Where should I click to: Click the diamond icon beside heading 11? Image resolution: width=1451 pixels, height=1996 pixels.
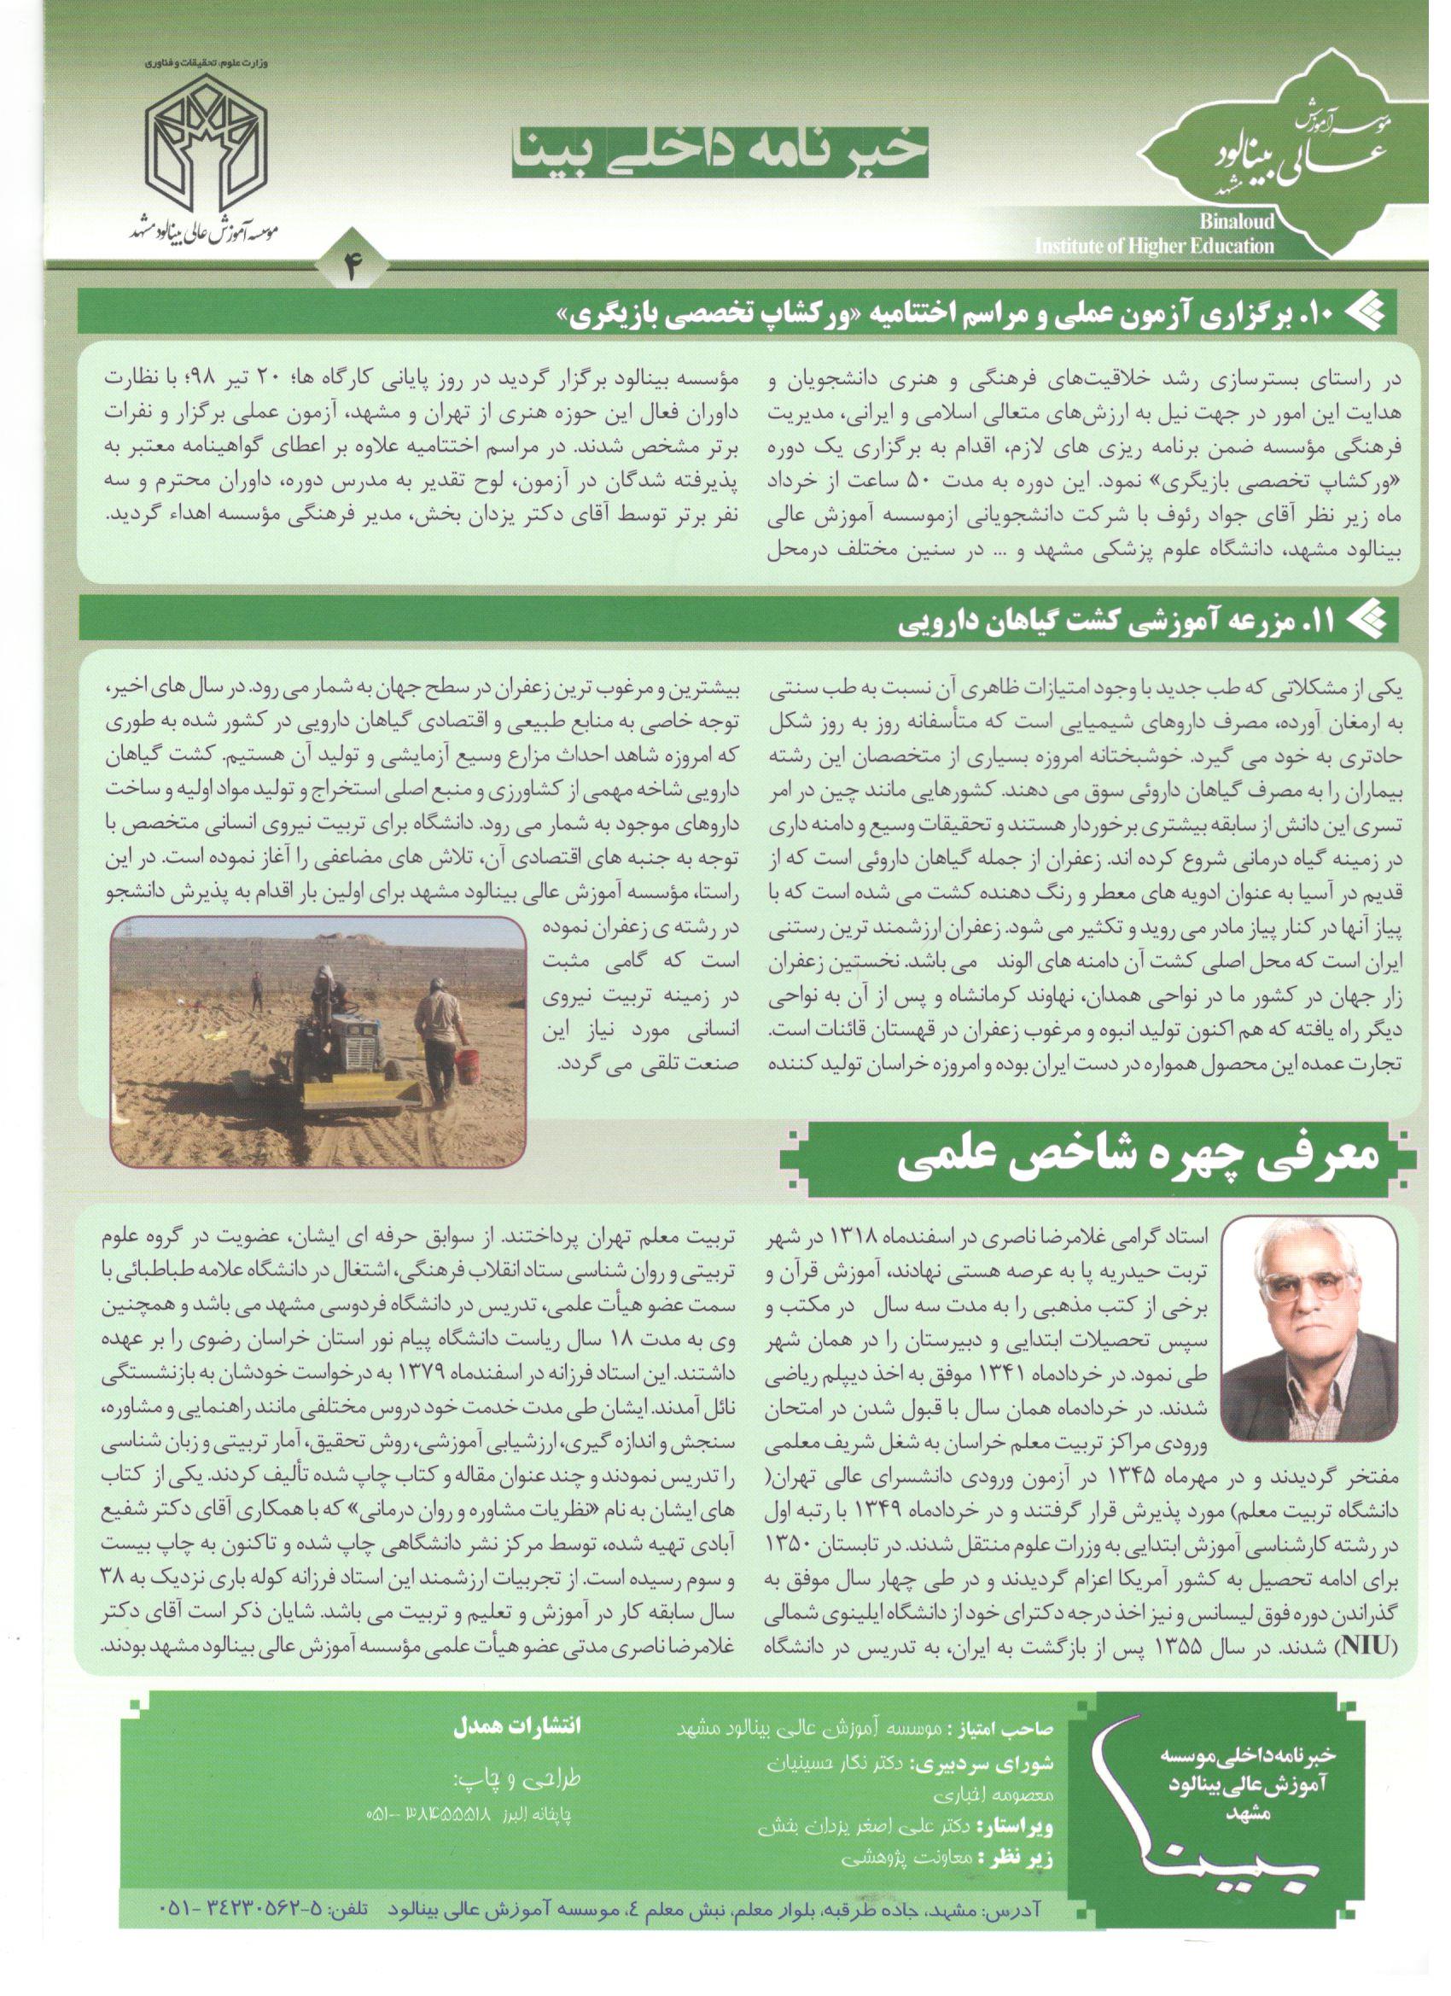coord(1372,622)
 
